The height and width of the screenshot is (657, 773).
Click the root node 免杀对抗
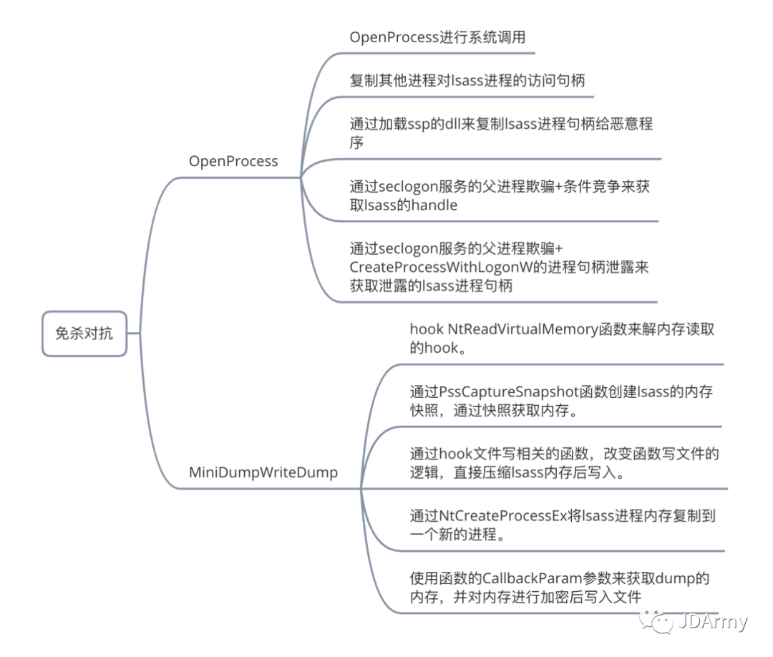(84, 334)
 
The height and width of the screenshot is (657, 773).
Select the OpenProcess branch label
(233, 161)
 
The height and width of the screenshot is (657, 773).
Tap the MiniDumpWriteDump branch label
(263, 473)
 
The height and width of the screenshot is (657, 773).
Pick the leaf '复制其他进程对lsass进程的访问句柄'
(467, 80)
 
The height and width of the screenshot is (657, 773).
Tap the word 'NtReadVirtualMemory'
(522, 329)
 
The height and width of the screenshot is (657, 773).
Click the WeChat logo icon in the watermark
(656, 620)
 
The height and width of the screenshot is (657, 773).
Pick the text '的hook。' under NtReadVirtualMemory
(438, 348)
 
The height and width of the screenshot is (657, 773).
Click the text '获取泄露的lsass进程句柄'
(431, 286)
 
